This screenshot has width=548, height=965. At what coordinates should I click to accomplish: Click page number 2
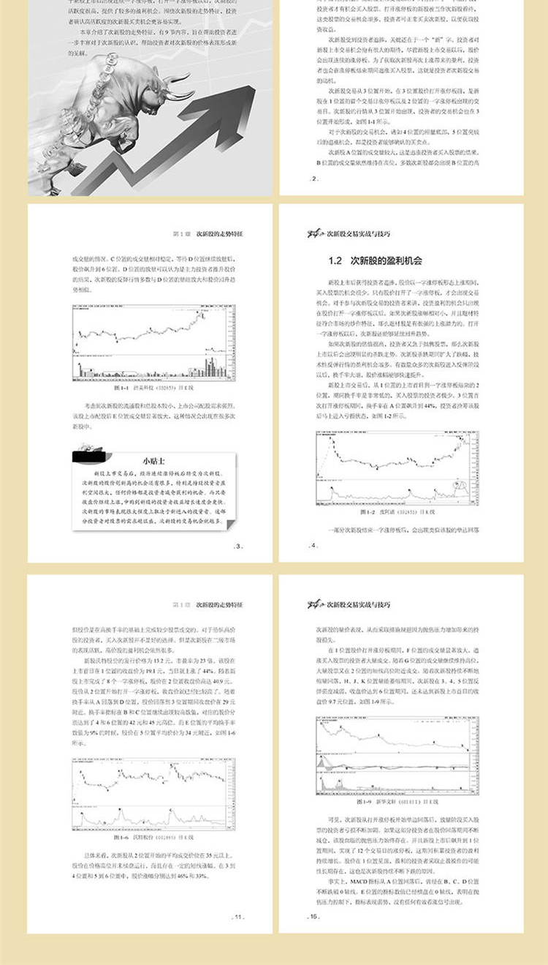tap(314, 179)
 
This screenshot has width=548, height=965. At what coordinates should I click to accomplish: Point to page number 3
tap(237, 546)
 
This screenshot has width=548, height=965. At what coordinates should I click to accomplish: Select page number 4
tap(314, 546)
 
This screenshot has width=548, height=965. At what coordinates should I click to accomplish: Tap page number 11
tap(237, 916)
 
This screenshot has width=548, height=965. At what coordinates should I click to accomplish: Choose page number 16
tap(314, 916)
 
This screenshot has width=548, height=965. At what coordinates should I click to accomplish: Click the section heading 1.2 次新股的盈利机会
tap(376, 260)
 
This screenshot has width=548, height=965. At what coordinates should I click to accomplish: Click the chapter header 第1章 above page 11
tap(208, 605)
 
